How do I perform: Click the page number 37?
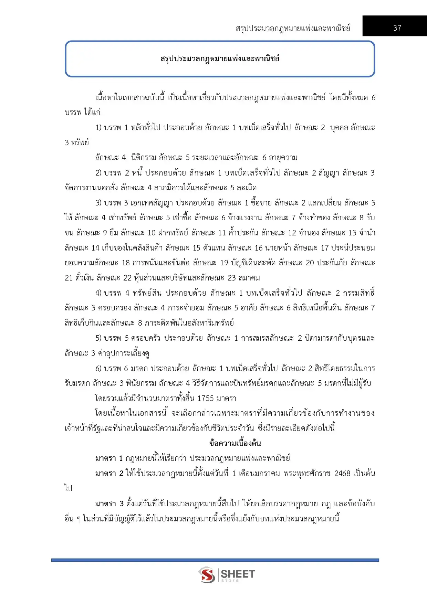coord(397,28)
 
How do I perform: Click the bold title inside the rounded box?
coord(220,59)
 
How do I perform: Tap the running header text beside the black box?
coord(293,28)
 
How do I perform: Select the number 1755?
coord(206,398)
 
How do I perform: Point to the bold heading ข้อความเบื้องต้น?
coord(235,443)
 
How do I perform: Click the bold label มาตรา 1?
coord(109,458)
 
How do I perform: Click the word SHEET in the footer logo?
coord(238,574)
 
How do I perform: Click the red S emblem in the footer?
coord(207,574)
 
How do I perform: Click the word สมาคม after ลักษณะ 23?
coord(249,278)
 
